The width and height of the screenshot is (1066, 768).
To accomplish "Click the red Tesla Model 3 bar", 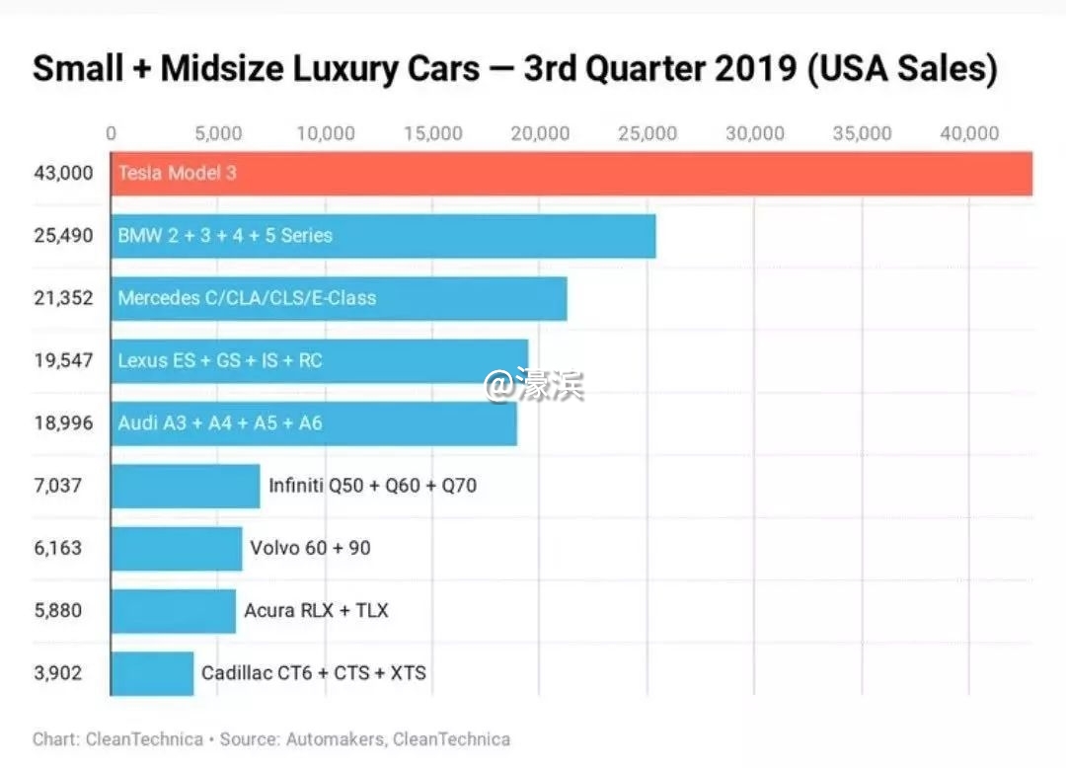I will (572, 174).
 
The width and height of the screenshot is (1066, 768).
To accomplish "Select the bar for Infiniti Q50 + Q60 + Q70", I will (186, 486).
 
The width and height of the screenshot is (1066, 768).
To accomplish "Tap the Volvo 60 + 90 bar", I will (177, 548).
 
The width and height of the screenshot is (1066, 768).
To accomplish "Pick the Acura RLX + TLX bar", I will (174, 611).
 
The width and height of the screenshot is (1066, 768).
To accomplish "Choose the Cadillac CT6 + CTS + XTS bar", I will (152, 673).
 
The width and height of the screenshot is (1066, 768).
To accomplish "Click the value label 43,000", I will (62, 174).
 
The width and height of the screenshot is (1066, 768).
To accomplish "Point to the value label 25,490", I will (62, 236).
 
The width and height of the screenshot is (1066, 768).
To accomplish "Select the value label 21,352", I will (62, 298).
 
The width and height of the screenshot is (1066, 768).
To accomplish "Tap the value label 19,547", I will (62, 360).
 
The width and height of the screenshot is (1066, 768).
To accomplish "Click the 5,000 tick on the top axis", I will (218, 134).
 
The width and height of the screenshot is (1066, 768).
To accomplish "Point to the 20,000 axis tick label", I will (541, 134).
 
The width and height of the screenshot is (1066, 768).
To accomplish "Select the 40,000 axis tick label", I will (970, 134).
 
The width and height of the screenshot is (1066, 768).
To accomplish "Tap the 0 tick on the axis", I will (112, 134).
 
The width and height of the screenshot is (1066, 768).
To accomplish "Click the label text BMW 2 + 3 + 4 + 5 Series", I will (225, 236).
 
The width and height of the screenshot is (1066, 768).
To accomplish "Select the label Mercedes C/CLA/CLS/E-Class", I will (247, 298).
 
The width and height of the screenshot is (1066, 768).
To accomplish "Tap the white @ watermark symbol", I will (499, 385).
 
